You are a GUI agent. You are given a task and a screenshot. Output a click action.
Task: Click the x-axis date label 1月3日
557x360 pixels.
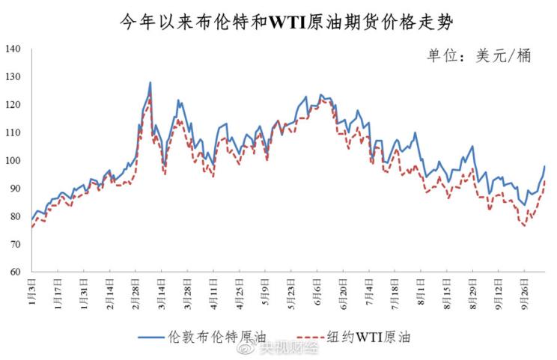33,291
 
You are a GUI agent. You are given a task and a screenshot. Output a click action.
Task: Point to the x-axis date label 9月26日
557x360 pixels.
526,293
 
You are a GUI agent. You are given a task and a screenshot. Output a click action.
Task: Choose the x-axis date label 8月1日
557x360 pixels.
422,291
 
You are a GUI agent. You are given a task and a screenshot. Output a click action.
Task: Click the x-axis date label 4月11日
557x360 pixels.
215,293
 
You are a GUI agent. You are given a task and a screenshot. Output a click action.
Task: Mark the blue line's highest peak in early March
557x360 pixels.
150,82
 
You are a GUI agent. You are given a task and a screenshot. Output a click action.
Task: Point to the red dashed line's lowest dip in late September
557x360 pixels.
524,225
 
